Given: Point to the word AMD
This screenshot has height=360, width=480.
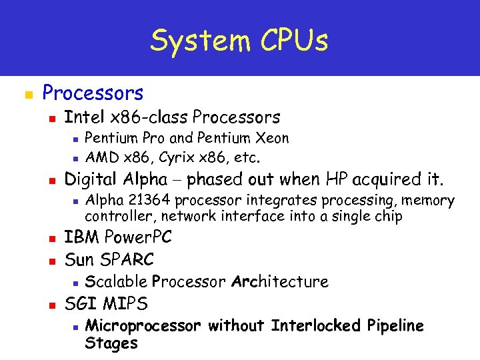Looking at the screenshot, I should point(102,159).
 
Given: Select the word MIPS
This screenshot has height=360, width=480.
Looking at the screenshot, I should point(127,304).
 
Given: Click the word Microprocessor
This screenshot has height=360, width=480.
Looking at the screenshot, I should point(143,326).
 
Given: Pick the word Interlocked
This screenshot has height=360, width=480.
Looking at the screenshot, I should point(315,326).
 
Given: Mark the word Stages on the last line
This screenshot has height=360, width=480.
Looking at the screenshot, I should point(111,344).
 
